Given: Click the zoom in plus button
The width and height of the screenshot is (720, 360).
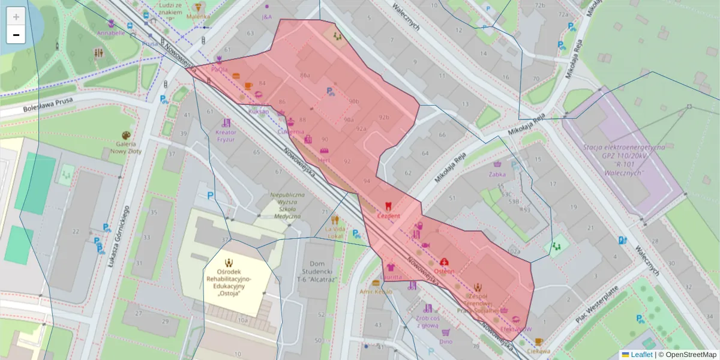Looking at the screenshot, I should (16, 16).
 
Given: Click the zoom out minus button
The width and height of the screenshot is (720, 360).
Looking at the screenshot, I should (16, 35).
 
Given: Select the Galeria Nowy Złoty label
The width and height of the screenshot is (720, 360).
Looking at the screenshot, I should (125, 148).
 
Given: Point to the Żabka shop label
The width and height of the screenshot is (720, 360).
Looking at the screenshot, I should (497, 175).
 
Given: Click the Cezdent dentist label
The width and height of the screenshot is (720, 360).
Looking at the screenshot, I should (388, 215).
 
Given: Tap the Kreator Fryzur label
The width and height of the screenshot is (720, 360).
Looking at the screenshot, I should (226, 136).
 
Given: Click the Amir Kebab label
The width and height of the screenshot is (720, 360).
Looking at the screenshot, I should (375, 292).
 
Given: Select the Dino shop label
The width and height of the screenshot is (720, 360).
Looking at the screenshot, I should (446, 341).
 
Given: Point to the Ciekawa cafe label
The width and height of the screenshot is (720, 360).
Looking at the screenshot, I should (538, 351).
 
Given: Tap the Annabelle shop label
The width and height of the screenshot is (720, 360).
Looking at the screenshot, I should (111, 33).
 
